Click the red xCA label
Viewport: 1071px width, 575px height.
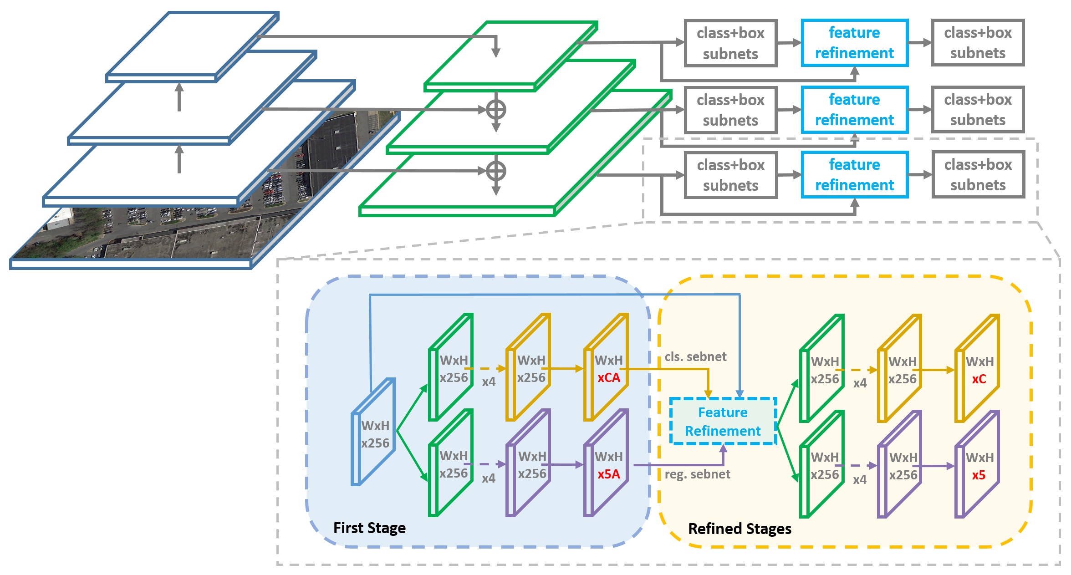(x=609, y=378)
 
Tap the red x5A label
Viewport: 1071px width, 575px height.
(x=609, y=474)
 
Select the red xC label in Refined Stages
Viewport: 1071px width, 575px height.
(x=979, y=379)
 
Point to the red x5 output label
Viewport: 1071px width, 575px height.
(x=979, y=475)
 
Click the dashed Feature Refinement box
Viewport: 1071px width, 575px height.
(x=723, y=421)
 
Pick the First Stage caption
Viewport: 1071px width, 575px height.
(x=369, y=528)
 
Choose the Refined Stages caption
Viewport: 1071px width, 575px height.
(x=739, y=529)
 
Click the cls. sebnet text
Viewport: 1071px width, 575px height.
(x=695, y=356)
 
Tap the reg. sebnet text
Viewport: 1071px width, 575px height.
(x=697, y=474)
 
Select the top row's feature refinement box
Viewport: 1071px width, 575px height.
(x=855, y=43)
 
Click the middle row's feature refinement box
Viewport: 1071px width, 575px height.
(x=855, y=110)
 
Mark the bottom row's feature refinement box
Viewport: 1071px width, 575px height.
(x=855, y=175)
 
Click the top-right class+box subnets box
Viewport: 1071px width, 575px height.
(x=978, y=43)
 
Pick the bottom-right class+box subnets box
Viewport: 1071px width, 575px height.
(x=978, y=175)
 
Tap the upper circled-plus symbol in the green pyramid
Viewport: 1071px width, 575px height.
(x=496, y=110)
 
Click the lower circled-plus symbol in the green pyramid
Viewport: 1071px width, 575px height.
(x=496, y=171)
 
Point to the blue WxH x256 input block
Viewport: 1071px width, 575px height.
(x=373, y=432)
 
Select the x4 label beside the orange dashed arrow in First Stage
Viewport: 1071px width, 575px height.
(x=489, y=382)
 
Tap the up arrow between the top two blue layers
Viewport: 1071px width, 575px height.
(x=179, y=97)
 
